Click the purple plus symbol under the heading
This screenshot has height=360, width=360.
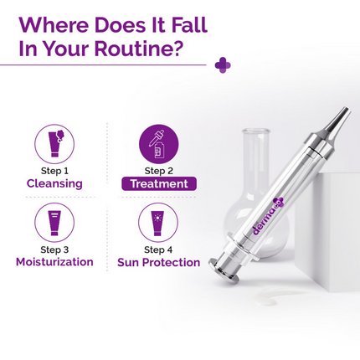point(222,64)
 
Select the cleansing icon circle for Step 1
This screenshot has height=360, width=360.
point(54,143)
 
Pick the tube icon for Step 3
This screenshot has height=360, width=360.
point(54,223)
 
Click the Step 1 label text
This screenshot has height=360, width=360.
point(54,171)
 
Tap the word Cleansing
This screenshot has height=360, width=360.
point(54,183)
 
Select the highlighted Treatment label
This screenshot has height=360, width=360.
point(158,183)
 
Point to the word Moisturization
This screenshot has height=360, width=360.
point(54,262)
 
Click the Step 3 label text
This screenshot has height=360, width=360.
point(54,249)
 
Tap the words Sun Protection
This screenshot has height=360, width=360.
point(158,262)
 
